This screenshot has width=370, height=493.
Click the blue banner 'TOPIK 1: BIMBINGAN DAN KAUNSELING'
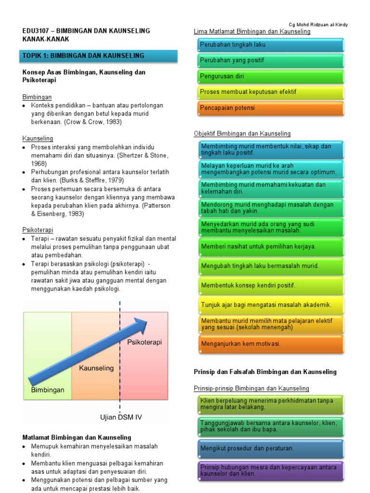(100, 56)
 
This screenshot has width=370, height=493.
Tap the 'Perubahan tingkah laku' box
(271, 45)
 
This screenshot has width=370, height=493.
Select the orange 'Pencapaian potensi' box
(271, 108)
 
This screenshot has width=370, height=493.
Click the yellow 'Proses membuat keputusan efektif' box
(271, 92)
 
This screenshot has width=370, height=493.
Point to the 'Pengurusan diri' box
(271, 76)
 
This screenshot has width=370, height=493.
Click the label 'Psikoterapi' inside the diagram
(145, 342)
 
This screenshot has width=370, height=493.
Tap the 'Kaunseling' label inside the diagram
(96, 368)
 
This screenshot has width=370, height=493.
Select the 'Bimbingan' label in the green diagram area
(48, 389)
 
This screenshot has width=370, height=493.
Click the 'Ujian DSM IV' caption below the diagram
(120, 417)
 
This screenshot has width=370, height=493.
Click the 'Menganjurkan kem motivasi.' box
(271, 344)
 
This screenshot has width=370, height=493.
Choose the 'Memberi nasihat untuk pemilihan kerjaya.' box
(271, 246)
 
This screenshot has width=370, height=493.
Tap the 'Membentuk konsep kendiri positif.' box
(271, 285)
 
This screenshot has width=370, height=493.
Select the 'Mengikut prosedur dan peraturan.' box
(271, 448)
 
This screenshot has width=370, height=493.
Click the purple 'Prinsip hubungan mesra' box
(271, 470)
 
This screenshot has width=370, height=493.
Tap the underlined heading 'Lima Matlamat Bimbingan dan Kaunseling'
(252, 32)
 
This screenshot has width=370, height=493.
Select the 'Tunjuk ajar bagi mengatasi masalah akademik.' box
(271, 305)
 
